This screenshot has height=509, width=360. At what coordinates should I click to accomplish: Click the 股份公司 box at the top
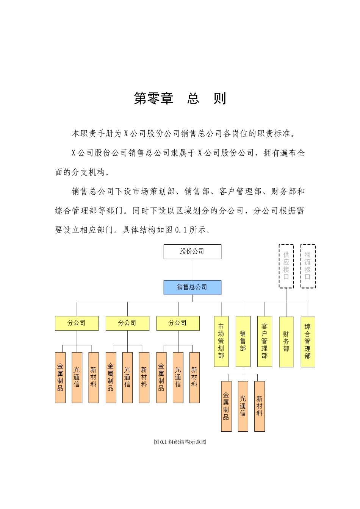[x=192, y=251]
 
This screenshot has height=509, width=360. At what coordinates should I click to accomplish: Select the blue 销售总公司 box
[x=192, y=287]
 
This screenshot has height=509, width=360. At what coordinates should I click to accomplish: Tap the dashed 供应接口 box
[x=286, y=266]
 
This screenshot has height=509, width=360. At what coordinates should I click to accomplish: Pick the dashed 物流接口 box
[x=308, y=266]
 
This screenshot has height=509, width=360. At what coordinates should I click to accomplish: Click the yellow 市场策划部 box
[x=221, y=341]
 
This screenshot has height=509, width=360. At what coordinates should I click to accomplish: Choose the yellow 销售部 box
[x=243, y=341]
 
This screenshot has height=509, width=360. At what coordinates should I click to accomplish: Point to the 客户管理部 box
[x=265, y=341]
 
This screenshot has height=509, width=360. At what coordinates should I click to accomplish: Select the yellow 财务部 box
[x=286, y=342]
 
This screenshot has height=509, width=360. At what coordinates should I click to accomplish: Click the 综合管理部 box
[x=308, y=342]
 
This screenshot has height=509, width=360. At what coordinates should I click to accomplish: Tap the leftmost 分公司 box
[x=77, y=323]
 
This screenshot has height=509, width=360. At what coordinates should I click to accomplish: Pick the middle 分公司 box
[x=127, y=323]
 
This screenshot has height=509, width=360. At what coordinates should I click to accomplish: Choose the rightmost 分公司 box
[x=178, y=323]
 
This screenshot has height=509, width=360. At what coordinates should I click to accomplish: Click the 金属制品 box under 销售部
[x=226, y=406]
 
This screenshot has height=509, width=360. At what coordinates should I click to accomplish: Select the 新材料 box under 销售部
[x=260, y=406]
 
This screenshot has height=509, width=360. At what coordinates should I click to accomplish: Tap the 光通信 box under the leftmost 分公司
[x=77, y=378]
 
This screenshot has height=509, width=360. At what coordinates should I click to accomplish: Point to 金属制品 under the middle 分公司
[x=111, y=378]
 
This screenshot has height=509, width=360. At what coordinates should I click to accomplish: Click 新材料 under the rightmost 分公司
[x=194, y=378]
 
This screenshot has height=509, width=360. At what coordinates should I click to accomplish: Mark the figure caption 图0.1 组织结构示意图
[x=180, y=442]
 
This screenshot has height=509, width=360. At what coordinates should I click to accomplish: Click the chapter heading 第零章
[x=153, y=98]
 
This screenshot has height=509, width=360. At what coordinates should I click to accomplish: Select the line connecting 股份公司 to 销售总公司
[x=192, y=270]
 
